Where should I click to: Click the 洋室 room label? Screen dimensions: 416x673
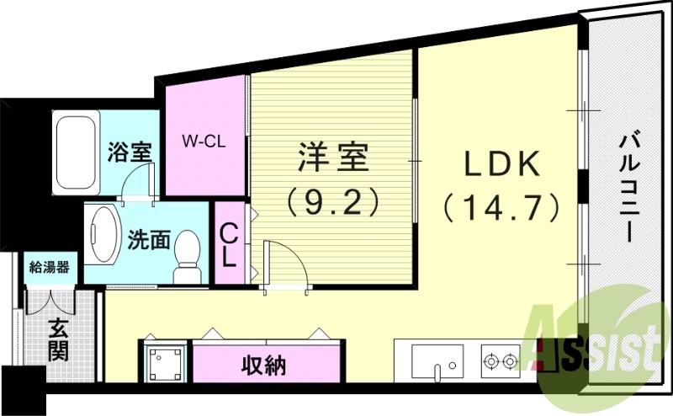pos(333,157)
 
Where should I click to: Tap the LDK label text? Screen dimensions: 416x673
pos(501,164)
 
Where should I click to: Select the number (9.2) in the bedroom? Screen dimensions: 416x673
pos(333,200)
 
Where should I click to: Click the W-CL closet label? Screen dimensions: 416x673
pos(203,141)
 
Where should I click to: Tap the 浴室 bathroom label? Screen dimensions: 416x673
pos(130,153)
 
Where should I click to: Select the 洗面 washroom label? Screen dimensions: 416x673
pos(148,241)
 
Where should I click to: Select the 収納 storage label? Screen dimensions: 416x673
pos(263,365)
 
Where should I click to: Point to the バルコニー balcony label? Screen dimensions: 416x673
pos(628,189)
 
